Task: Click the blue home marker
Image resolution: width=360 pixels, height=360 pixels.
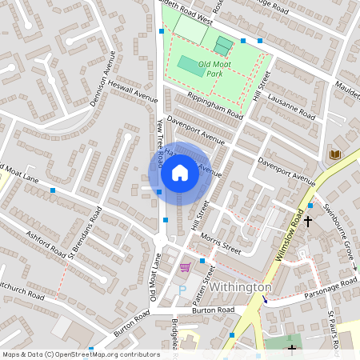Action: coord(180,173)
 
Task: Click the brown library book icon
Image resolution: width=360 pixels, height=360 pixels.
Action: coord(335,154)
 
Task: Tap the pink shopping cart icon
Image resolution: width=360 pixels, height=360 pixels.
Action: coord(186,267)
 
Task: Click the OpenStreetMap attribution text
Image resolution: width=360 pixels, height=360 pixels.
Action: coord(81,354)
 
